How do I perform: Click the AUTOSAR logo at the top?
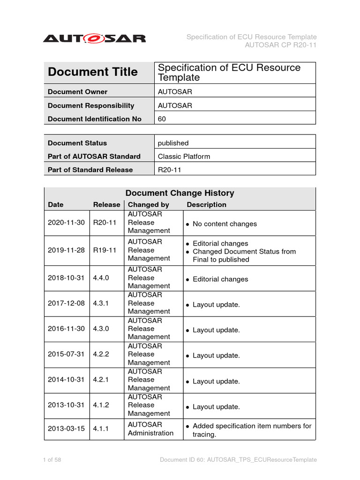[94, 38]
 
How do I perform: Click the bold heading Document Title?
[93, 72]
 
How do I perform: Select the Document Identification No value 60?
[162, 119]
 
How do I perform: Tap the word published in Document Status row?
[173, 143]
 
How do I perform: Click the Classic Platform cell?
[184, 157]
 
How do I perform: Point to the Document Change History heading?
[180, 193]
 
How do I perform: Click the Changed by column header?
[148, 205]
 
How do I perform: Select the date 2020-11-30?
[66, 223]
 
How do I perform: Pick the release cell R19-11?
[105, 250]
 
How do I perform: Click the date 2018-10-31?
[66, 277]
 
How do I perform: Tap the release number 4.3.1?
[101, 303]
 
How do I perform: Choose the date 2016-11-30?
[66, 329]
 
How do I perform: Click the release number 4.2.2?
[101, 354]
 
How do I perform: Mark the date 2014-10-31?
[66, 380]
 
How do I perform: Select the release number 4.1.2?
[101, 405]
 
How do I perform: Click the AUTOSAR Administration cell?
[150, 429]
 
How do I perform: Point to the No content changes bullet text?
[225, 224]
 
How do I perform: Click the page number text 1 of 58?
[52, 460]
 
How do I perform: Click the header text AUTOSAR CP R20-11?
[280, 45]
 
